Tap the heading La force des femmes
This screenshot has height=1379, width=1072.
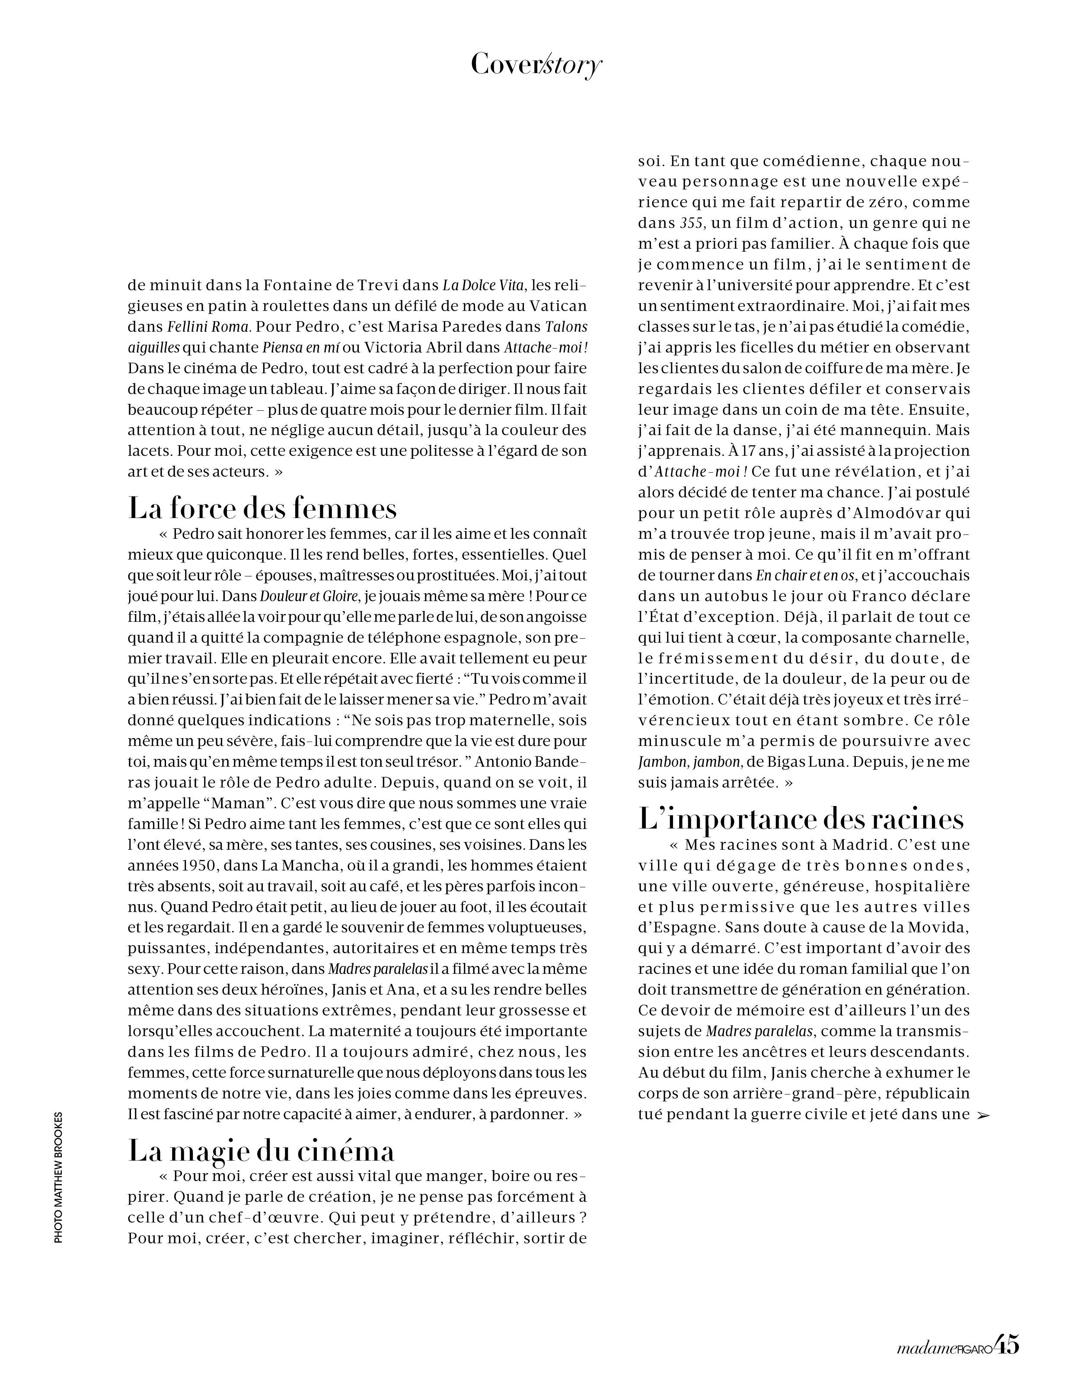point(263,508)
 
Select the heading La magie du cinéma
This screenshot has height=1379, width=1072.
point(262,1150)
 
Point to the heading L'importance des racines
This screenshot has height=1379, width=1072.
point(801,819)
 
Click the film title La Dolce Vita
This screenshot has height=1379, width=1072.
point(483,285)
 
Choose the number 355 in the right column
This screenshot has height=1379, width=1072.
point(689,223)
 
